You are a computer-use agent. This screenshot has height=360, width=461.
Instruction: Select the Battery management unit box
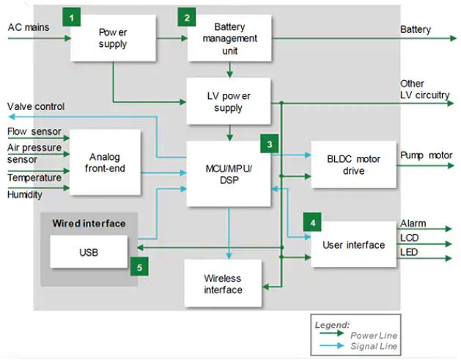(x=229, y=38)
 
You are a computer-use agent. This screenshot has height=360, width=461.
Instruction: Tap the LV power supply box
(x=229, y=102)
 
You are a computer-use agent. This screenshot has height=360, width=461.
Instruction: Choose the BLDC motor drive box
(x=353, y=165)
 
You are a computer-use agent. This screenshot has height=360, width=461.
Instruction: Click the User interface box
(x=353, y=245)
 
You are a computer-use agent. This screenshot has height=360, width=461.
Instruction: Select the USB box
(x=88, y=252)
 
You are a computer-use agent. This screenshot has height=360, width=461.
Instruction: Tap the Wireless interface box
(x=223, y=284)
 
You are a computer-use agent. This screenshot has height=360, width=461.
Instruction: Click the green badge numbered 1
(x=71, y=16)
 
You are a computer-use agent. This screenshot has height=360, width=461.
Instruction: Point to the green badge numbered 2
(x=187, y=16)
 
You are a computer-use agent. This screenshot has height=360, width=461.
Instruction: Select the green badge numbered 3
(x=270, y=144)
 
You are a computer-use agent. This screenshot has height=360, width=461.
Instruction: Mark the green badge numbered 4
(x=313, y=221)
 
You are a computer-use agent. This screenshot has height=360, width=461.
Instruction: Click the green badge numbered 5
(x=139, y=266)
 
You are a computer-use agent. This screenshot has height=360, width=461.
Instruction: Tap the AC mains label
(x=29, y=27)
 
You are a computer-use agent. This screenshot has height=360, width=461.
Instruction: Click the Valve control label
(x=36, y=107)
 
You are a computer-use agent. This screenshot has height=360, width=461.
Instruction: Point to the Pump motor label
(x=426, y=155)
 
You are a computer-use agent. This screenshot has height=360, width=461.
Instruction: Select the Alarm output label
(x=413, y=224)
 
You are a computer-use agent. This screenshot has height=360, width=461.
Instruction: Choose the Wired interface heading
(x=89, y=223)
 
